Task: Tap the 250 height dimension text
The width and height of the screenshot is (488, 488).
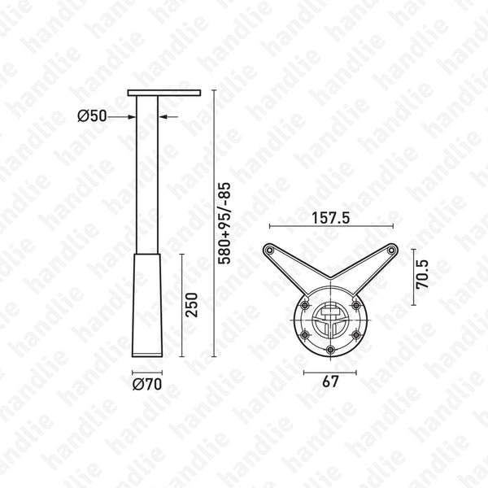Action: (x=193, y=303)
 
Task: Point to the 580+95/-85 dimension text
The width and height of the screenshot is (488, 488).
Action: (x=225, y=221)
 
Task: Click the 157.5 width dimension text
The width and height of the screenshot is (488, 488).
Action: (x=330, y=219)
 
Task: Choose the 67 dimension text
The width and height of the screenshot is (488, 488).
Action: (x=329, y=381)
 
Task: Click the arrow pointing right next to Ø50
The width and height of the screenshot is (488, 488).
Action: (x=126, y=117)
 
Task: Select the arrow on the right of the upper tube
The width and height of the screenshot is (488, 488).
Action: (x=166, y=117)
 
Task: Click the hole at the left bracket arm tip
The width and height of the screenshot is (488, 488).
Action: (x=269, y=250)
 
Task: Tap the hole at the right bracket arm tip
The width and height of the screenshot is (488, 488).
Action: (x=391, y=250)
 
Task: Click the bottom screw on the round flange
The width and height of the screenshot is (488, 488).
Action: (x=329, y=351)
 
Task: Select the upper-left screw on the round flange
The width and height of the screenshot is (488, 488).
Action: (x=305, y=306)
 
